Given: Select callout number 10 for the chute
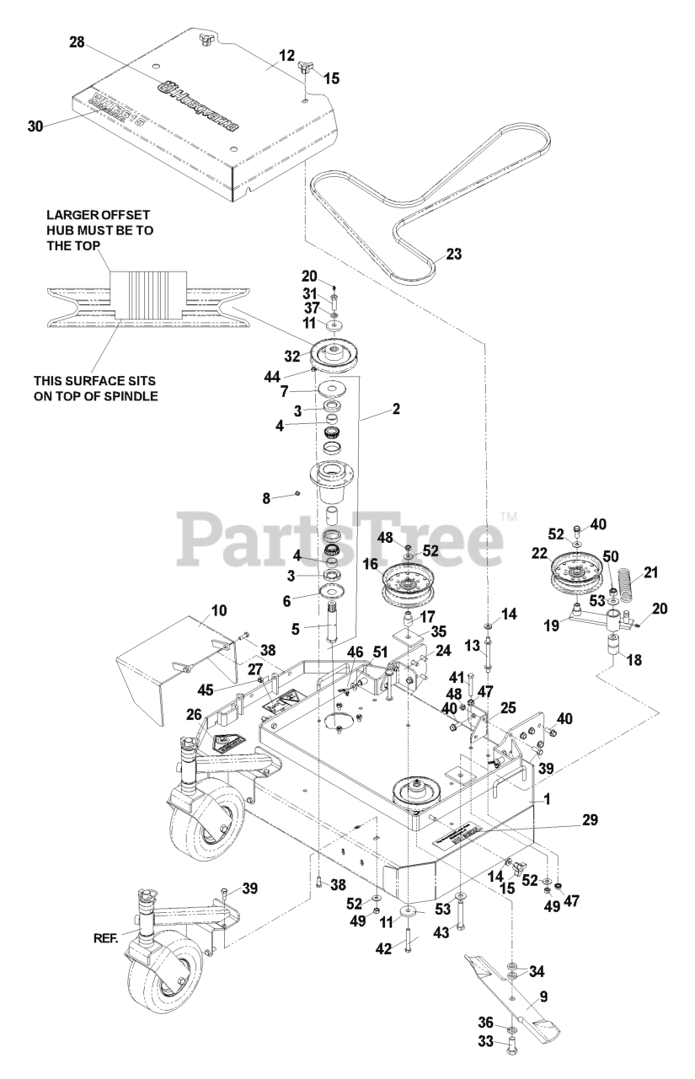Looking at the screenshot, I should click(195, 609).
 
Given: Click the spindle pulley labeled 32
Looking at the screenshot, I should click(336, 355).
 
